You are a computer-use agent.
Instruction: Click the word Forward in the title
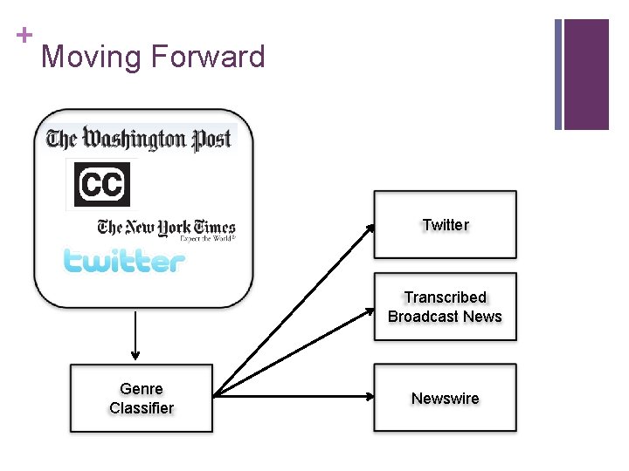click(208, 58)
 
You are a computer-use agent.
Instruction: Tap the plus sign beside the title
click(23, 35)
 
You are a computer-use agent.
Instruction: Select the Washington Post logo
click(140, 139)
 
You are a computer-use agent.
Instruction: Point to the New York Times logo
click(166, 229)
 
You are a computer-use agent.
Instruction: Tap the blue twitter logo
click(124, 261)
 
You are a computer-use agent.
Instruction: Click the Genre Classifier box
click(142, 398)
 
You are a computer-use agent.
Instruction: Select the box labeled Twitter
click(446, 225)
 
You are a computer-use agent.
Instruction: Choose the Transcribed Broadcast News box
click(446, 306)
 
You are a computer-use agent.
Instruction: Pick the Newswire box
click(446, 398)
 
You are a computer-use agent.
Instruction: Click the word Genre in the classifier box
click(142, 389)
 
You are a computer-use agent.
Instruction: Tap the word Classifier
click(142, 408)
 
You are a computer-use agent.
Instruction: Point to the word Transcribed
click(446, 297)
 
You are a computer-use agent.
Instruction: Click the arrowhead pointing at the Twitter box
click(370, 228)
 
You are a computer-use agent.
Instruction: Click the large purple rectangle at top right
click(585, 74)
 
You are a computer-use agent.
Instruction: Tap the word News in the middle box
click(483, 317)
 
